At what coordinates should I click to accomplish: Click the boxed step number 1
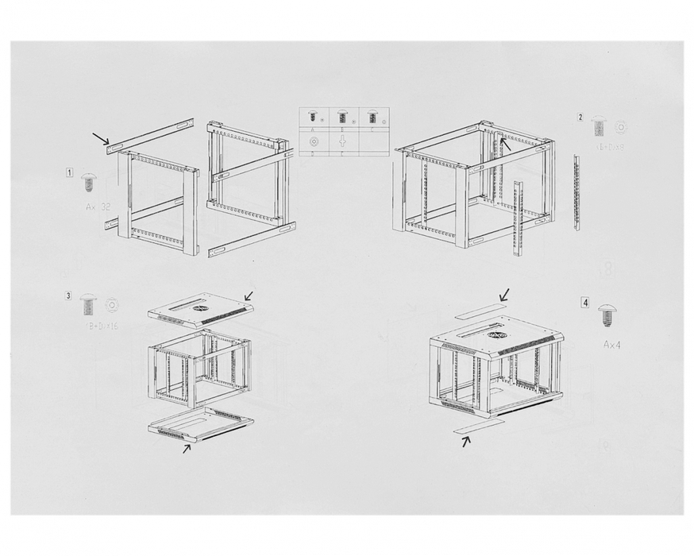pyautogui.click(x=70, y=172)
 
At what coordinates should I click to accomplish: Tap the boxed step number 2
pyautogui.click(x=580, y=118)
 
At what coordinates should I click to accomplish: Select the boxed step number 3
pyautogui.click(x=69, y=296)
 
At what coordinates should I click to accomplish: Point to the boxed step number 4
pyautogui.click(x=585, y=303)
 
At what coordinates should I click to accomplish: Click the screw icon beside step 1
pyautogui.click(x=89, y=183)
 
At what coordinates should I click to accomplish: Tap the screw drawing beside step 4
pyautogui.click(x=607, y=315)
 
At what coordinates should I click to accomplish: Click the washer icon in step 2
pyautogui.click(x=620, y=127)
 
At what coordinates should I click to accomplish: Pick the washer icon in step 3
pyautogui.click(x=112, y=305)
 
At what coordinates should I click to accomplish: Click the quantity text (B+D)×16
pyautogui.click(x=101, y=326)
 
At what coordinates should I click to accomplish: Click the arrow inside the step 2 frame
pyautogui.click(x=505, y=145)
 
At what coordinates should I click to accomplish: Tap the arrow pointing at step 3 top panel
pyautogui.click(x=249, y=296)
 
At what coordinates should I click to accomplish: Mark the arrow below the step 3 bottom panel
pyautogui.click(x=187, y=448)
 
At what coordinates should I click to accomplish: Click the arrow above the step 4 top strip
pyautogui.click(x=503, y=295)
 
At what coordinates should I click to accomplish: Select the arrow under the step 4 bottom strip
pyautogui.click(x=466, y=441)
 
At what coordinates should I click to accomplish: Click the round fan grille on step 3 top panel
pyautogui.click(x=200, y=307)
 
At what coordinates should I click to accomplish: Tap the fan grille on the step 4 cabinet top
pyautogui.click(x=497, y=335)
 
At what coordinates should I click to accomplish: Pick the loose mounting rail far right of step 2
pyautogui.click(x=576, y=192)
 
